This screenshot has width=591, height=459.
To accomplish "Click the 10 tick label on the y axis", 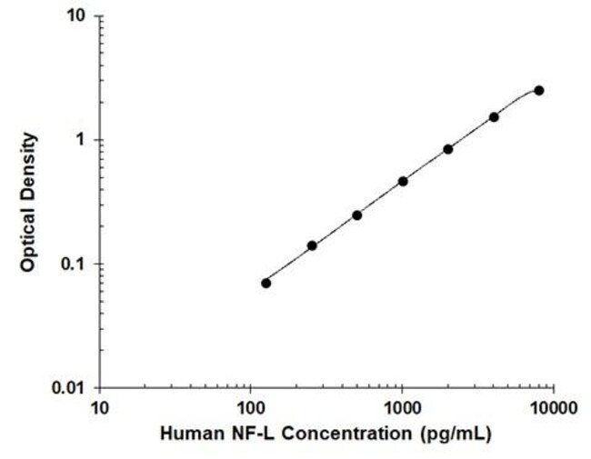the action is (x=77, y=15).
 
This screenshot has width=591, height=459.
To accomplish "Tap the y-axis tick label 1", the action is (x=80, y=139).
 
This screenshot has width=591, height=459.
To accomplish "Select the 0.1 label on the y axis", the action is (x=74, y=264).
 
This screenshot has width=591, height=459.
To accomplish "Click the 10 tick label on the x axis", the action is (x=99, y=408).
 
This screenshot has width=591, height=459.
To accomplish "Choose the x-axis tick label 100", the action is (x=251, y=408).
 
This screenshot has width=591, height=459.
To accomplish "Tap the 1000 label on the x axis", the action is (x=403, y=408).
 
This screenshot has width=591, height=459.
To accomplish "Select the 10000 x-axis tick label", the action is (x=554, y=408).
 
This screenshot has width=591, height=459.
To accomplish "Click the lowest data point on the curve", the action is (x=265, y=283).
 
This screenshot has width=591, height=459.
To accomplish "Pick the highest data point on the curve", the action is (x=539, y=91).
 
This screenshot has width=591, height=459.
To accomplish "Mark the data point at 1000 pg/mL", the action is (x=403, y=182).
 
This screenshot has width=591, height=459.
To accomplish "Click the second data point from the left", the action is (x=312, y=245).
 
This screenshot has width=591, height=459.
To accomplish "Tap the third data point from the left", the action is (x=357, y=215).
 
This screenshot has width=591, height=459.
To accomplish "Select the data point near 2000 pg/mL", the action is (x=447, y=149).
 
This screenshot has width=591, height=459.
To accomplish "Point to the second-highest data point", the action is (x=494, y=117).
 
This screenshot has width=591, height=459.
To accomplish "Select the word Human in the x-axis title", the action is (x=192, y=434).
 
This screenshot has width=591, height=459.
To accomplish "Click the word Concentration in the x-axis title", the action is (x=346, y=434).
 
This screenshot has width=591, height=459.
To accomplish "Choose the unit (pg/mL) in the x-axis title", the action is (x=455, y=434).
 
